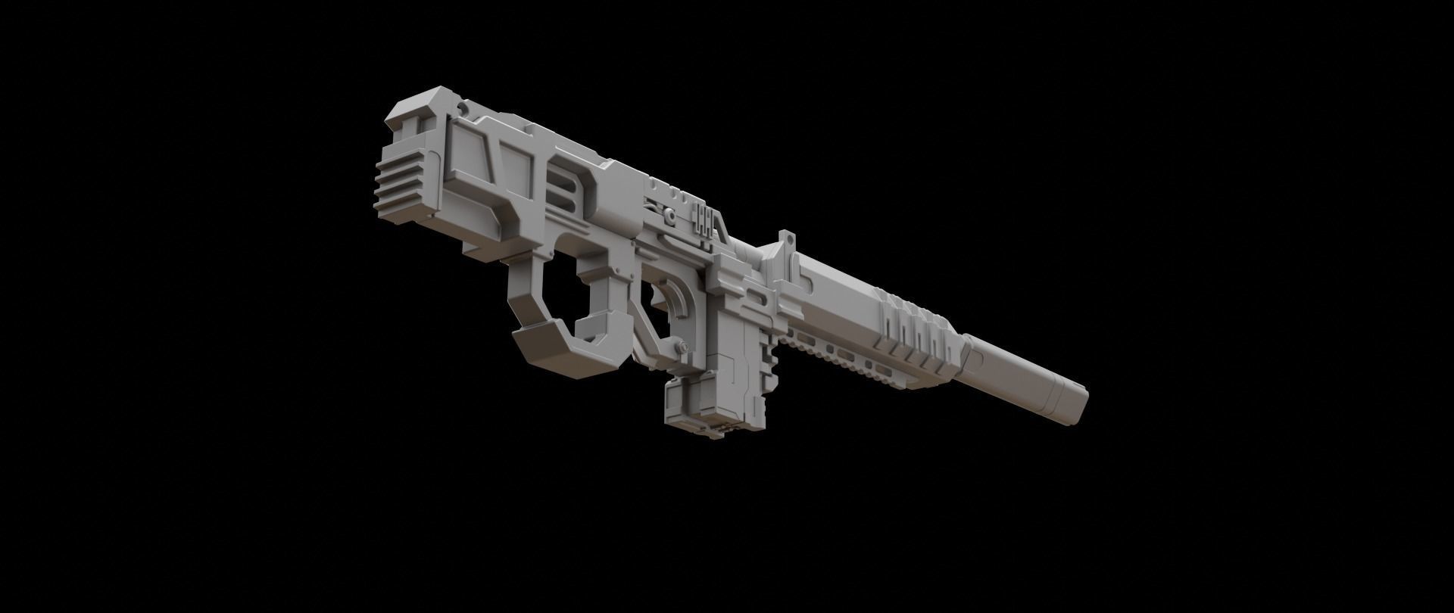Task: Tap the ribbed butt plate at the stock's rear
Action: click(395, 182)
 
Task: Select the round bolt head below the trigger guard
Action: click(684, 347)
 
